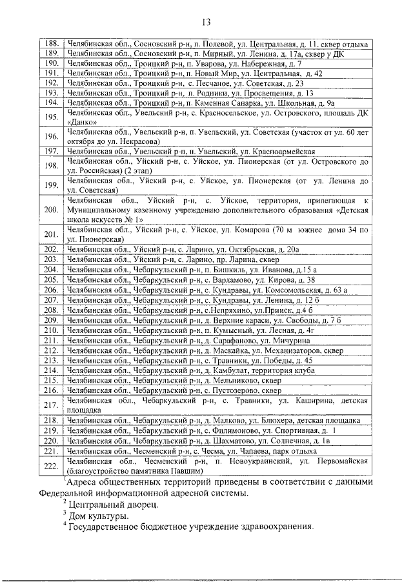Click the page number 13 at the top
click(x=206, y=23)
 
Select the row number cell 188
click(x=52, y=44)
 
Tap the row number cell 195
click(x=52, y=117)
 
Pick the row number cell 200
click(x=52, y=210)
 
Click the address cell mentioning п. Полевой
click(x=217, y=44)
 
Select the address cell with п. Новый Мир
click(x=217, y=74)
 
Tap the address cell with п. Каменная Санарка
click(x=217, y=103)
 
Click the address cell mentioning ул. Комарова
click(x=217, y=234)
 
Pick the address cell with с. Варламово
click(x=217, y=279)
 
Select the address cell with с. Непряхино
click(x=217, y=310)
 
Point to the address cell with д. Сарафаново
click(x=217, y=339)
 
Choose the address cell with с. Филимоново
click(x=217, y=430)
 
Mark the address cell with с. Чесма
click(x=217, y=450)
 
